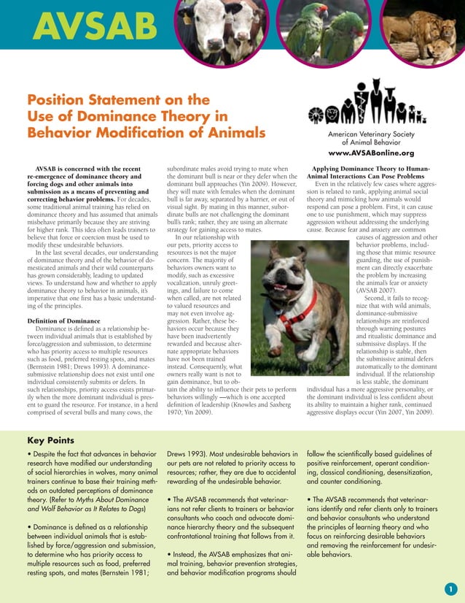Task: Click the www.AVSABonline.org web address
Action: [371, 154]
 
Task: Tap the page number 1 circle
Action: [450, 589]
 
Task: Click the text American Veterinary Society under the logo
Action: [371, 135]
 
